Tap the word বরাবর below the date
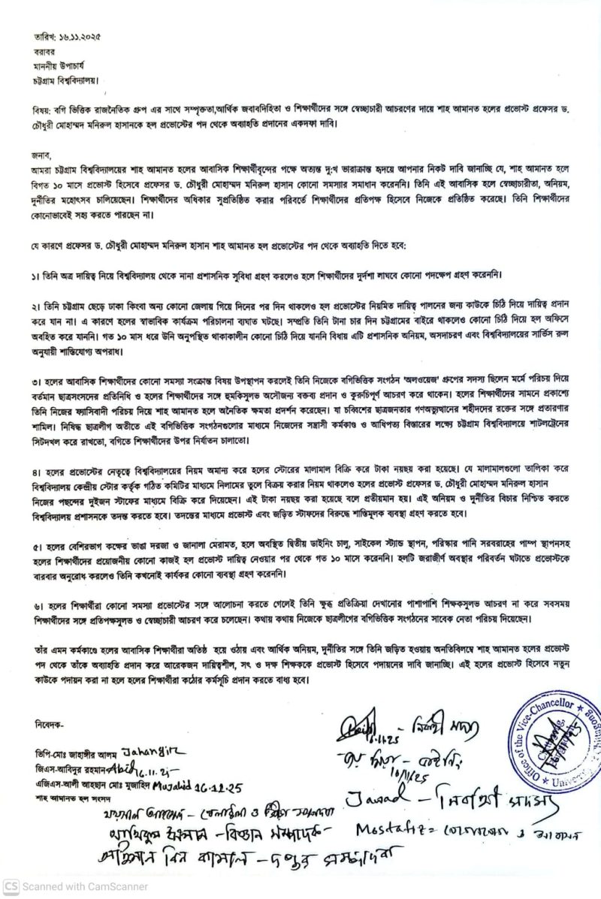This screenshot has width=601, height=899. point(44,52)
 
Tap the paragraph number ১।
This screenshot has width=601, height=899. point(37,276)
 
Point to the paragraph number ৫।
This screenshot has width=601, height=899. point(37,526)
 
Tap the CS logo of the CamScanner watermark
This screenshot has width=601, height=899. point(11,887)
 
